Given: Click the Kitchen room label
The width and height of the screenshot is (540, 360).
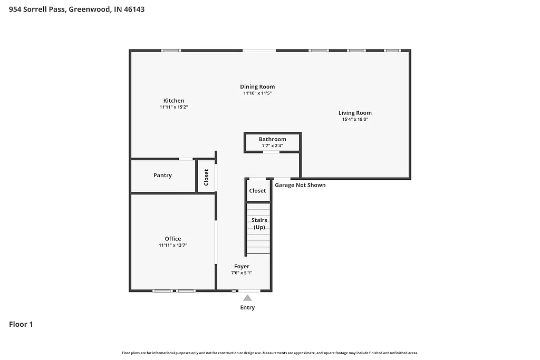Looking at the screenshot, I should (x=173, y=101).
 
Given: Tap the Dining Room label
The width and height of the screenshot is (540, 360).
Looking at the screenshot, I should (x=257, y=87).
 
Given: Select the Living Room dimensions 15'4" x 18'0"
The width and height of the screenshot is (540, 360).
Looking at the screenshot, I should (x=355, y=120).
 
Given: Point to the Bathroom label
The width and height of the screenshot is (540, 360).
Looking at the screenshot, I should (x=272, y=139).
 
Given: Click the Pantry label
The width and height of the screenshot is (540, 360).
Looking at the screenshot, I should (x=162, y=176).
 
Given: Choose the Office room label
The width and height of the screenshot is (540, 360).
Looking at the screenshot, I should (x=173, y=239).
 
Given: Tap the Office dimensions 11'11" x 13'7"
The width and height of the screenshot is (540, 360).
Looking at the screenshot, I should (x=173, y=246).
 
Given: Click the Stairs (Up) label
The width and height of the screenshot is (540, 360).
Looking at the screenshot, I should (x=259, y=223).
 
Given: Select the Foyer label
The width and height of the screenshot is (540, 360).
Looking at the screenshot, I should (x=242, y=267).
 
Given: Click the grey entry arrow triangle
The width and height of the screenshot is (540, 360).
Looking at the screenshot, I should (x=247, y=298).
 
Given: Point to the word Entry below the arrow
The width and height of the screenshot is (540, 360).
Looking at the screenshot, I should (x=247, y=308).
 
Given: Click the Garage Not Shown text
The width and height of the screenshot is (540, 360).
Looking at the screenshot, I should (x=300, y=185).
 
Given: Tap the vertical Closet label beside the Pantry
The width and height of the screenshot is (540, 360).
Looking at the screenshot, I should (x=206, y=177).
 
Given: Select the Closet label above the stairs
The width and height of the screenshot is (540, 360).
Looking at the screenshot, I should (x=258, y=191).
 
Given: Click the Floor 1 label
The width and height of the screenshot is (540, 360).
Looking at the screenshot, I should (x=21, y=325).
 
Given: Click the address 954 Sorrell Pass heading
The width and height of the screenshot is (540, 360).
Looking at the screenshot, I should (x=77, y=9).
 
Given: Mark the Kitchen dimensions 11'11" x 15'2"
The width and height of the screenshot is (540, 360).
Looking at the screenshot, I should (x=173, y=108).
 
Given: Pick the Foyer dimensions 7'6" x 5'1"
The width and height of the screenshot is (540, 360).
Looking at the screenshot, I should (x=242, y=273).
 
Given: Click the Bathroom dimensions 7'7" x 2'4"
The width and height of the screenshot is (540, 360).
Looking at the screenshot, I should (x=272, y=145).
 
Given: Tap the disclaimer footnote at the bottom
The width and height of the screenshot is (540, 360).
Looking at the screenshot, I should (x=270, y=353).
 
